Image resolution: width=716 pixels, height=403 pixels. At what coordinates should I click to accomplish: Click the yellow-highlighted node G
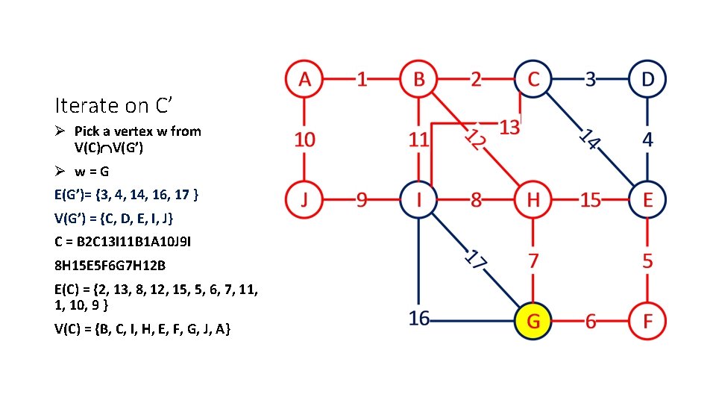click(x=533, y=320)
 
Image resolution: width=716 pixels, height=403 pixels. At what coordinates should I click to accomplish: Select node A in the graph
click(x=304, y=79)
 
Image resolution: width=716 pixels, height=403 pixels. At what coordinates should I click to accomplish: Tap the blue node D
click(x=647, y=79)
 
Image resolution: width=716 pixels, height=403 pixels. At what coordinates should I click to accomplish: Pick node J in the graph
click(x=304, y=199)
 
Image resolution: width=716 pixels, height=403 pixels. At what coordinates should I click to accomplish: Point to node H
click(x=533, y=199)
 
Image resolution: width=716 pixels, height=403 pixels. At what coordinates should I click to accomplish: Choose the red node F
click(x=647, y=320)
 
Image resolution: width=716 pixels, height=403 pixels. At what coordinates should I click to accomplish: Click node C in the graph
click(x=533, y=79)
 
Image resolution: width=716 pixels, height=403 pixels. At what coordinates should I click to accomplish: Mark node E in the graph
click(x=647, y=199)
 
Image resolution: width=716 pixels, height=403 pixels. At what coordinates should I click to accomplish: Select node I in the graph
click(x=418, y=199)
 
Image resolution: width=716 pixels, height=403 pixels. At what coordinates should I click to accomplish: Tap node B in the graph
click(x=418, y=79)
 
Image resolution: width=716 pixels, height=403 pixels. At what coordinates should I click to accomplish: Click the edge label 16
click(x=419, y=319)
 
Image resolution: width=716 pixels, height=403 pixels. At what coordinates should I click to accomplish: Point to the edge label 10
click(x=304, y=140)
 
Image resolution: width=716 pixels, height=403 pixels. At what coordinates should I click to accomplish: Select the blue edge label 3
click(x=590, y=79)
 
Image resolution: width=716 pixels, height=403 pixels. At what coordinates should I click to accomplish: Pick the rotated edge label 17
click(x=475, y=260)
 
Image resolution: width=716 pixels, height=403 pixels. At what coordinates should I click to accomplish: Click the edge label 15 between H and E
click(x=590, y=200)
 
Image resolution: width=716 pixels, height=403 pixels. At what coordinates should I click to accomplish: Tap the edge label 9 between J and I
click(x=362, y=200)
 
